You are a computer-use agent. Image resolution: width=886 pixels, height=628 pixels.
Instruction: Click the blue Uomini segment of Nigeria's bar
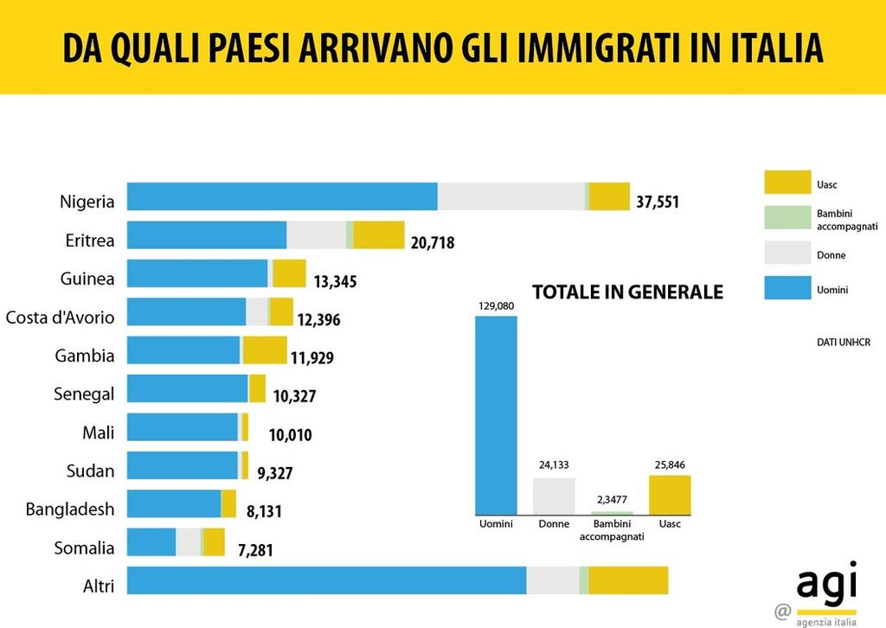[x=282, y=196]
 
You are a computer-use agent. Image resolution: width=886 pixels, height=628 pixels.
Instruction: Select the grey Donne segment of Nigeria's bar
[x=510, y=196]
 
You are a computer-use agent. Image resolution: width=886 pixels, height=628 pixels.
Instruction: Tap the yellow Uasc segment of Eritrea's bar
[x=378, y=235]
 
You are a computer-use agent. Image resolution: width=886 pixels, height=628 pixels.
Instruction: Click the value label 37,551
[x=658, y=202]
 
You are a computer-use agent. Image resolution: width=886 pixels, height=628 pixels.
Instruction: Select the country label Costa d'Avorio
[x=60, y=317]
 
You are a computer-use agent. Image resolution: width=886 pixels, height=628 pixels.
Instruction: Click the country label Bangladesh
[x=70, y=509]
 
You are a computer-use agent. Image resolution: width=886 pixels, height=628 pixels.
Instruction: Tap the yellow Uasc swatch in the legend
[x=786, y=183]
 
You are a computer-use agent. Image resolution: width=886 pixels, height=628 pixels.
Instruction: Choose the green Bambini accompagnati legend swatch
[x=786, y=219]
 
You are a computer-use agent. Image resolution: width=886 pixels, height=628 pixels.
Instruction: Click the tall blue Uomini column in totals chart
[x=496, y=415]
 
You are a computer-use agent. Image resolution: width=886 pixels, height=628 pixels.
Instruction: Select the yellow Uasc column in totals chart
[x=669, y=495]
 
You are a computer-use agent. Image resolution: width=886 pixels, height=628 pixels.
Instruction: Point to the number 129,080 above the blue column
[x=496, y=305]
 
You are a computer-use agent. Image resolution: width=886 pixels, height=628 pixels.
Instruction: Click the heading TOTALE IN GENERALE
[x=627, y=292]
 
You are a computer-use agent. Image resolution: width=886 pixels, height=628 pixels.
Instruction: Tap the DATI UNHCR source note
[x=843, y=343]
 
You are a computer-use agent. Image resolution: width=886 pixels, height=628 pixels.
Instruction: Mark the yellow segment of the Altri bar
[x=628, y=580]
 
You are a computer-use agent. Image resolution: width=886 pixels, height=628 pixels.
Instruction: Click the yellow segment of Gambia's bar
[x=264, y=350]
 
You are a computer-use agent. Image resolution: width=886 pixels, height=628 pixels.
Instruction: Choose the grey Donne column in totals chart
[x=554, y=496]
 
